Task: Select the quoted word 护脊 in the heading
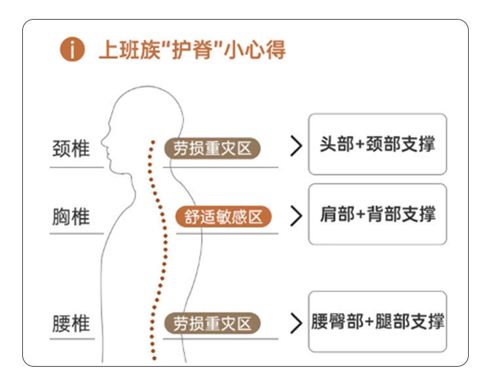tap(194, 50)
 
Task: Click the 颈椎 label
tap(71, 148)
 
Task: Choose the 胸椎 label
tap(71, 217)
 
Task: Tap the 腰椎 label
tap(71, 323)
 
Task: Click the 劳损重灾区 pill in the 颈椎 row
tap(212, 149)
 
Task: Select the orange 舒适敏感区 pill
tap(223, 216)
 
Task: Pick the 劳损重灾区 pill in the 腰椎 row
tap(212, 323)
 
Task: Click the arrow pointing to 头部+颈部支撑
tap(296, 147)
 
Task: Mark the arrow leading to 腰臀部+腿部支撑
tap(296, 323)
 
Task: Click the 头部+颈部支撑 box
tap(377, 145)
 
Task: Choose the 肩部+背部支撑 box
tap(377, 214)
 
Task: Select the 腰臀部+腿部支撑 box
tap(377, 322)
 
